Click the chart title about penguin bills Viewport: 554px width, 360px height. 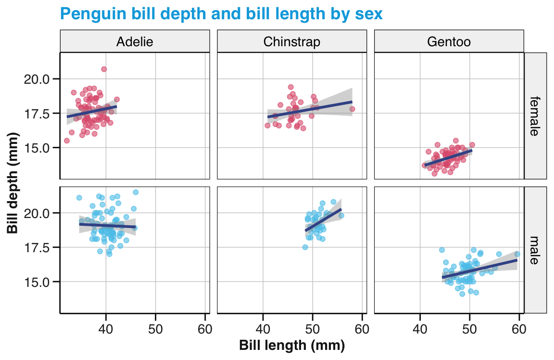(x=221, y=14)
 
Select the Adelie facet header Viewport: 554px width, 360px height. (x=135, y=42)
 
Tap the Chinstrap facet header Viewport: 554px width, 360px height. (x=291, y=42)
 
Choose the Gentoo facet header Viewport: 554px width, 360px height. (x=449, y=42)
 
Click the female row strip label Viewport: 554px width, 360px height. (x=535, y=116)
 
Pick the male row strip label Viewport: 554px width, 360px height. (x=535, y=250)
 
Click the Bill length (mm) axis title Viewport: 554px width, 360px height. (x=292, y=346)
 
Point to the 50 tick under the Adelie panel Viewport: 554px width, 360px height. (x=155, y=330)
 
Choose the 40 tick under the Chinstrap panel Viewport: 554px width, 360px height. (x=263, y=330)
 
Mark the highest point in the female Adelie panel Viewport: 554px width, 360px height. (x=104, y=69)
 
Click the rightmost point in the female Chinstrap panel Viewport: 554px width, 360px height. (x=352, y=109)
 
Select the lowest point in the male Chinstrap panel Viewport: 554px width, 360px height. (x=305, y=247)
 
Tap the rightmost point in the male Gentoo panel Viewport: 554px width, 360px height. (x=517, y=254)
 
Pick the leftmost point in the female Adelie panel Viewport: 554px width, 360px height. (x=67, y=141)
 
